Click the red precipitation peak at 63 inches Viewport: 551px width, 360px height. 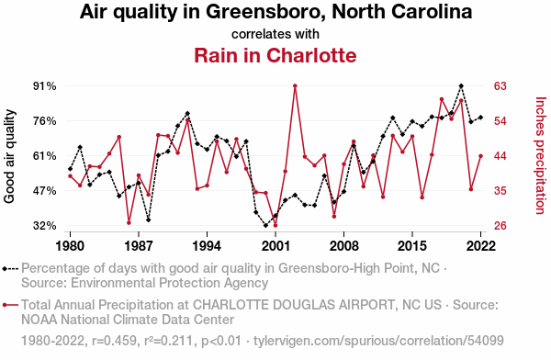point(295,85)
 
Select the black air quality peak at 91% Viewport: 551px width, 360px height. point(461,85)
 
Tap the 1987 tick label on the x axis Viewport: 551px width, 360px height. point(139,246)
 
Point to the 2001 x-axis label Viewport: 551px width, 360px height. point(275,246)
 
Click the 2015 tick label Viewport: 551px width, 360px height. point(411,246)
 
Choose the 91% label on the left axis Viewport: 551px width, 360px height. point(45,86)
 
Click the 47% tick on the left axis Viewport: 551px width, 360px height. point(45,191)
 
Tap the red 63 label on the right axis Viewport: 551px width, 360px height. point(500,86)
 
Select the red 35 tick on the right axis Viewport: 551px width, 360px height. point(500,191)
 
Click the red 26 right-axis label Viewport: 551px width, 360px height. point(500,226)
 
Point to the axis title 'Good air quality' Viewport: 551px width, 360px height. point(9,156)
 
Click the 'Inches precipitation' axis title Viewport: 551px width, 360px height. point(541,155)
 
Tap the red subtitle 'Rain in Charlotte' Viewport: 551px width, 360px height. point(275,55)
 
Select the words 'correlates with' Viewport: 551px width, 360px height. point(275,34)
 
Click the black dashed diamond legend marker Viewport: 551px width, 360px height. point(10,269)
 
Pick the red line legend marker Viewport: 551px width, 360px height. point(10,305)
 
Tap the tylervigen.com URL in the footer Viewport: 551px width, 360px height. point(378,341)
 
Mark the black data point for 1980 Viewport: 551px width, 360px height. point(70,169)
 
